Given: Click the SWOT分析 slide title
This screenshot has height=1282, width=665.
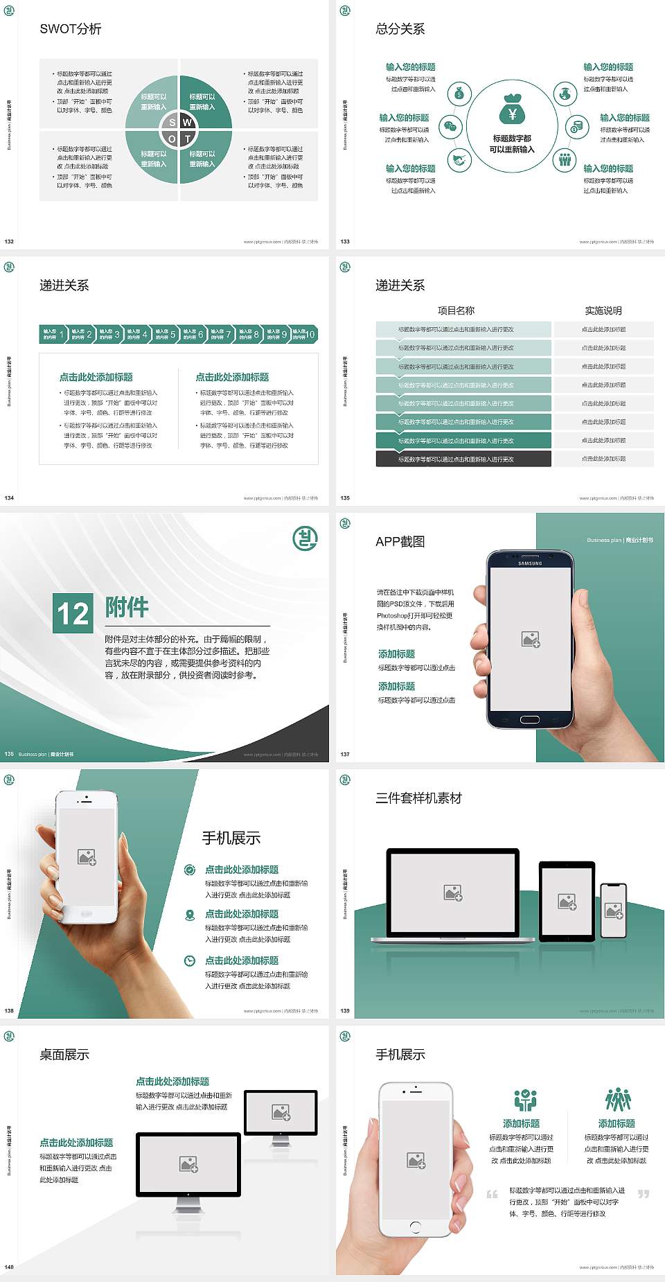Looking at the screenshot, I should pyautogui.click(x=71, y=29).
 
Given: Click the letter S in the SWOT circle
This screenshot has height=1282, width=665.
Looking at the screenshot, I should pyautogui.click(x=172, y=123).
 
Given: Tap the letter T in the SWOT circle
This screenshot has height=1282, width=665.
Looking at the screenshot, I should pyautogui.click(x=187, y=139).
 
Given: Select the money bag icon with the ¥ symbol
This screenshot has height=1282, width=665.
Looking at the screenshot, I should pyautogui.click(x=512, y=109).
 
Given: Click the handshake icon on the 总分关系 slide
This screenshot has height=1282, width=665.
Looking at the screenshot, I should pyautogui.click(x=459, y=161).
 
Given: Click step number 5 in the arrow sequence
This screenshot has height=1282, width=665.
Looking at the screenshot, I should pyautogui.click(x=172, y=334).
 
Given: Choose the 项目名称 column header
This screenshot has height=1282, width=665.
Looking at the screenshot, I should pyautogui.click(x=456, y=310).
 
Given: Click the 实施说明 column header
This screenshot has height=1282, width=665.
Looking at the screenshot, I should pyautogui.click(x=603, y=310).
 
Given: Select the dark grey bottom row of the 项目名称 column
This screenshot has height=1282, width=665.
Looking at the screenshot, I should pyautogui.click(x=463, y=459).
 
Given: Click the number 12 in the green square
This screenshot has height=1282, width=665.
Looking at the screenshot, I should pyautogui.click(x=73, y=613).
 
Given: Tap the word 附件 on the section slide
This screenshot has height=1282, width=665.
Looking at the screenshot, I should pyautogui.click(x=127, y=607).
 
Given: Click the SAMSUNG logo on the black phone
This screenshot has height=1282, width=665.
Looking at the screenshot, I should pyautogui.click(x=530, y=563).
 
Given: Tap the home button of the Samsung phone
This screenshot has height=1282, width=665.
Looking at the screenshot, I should pyautogui.click(x=529, y=719).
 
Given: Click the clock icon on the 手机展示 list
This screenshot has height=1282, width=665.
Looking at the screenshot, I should pyautogui.click(x=189, y=960).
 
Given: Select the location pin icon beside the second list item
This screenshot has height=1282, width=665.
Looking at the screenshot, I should pyautogui.click(x=190, y=915).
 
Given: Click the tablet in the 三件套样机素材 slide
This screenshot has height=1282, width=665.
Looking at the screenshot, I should pyautogui.click(x=567, y=902).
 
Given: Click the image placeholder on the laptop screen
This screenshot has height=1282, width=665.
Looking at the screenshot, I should pyautogui.click(x=453, y=893).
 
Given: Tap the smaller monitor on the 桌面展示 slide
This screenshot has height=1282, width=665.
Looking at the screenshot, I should pyautogui.click(x=281, y=1114).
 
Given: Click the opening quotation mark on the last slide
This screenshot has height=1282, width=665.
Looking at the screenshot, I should pyautogui.click(x=492, y=1193).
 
